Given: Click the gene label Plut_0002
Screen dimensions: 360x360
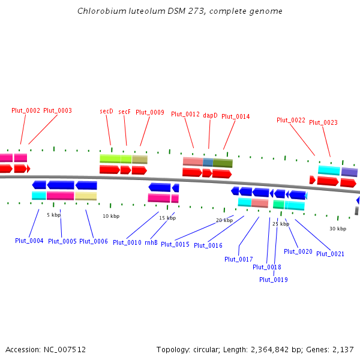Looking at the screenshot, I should [x=26, y=110].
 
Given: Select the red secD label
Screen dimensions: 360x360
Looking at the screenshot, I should [x=106, y=111].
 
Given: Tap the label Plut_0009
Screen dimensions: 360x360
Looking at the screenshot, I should [x=150, y=112].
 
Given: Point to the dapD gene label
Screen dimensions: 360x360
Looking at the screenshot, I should [x=210, y=115].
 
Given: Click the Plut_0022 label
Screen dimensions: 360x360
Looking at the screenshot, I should [x=291, y=120].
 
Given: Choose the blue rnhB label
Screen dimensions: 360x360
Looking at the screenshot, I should [x=151, y=242].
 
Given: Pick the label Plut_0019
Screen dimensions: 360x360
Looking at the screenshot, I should [x=274, y=280].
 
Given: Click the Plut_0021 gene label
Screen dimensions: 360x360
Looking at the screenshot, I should [x=330, y=254].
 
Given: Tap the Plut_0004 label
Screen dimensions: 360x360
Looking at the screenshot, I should [x=29, y=241].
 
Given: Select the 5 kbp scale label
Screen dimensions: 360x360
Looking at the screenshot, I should [x=54, y=214].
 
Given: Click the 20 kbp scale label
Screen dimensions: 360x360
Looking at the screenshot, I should [x=224, y=220].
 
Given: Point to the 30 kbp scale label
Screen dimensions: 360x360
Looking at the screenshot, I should [x=338, y=229].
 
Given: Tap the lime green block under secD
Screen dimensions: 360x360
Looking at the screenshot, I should [x=115, y=159].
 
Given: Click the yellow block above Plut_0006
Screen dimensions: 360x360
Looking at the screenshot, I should [x=86, y=196].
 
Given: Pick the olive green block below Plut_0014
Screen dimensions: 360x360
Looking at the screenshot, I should [x=223, y=163].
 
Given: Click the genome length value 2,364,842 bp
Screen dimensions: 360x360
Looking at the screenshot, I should [x=287, y=349].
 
